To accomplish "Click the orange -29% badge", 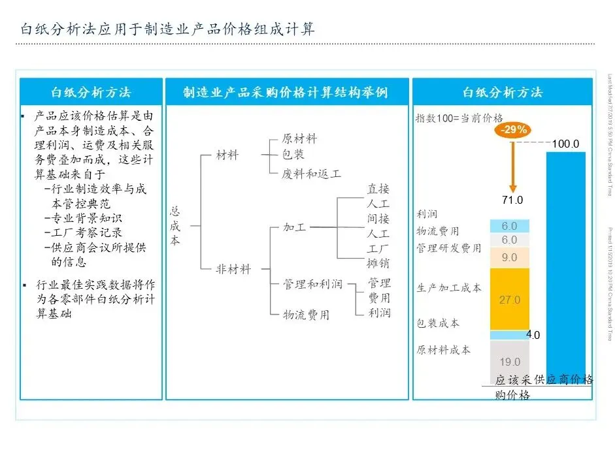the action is (x=513, y=129).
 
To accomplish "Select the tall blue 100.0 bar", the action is (x=565, y=261).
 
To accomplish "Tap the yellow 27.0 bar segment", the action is (x=510, y=300).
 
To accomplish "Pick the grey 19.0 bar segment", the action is (x=510, y=361).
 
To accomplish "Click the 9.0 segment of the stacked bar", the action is (x=510, y=257).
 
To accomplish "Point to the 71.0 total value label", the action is (x=512, y=200).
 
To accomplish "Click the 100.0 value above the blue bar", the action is (x=566, y=144).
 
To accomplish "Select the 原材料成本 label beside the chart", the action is (x=444, y=349).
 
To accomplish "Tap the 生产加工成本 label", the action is (x=449, y=287).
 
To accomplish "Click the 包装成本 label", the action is (x=438, y=323).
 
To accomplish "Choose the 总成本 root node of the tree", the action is (x=175, y=226).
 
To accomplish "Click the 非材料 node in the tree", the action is (x=234, y=268).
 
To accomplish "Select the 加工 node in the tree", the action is (x=294, y=228).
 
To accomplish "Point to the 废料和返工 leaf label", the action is (x=312, y=174).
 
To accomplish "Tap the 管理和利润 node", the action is (x=312, y=284).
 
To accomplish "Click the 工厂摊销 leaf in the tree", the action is (x=378, y=255).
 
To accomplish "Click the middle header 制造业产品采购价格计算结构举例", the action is (x=286, y=93).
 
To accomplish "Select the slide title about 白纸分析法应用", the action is (x=167, y=29).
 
